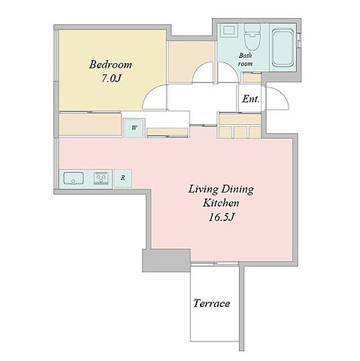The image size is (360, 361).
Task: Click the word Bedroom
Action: click(x=110, y=65)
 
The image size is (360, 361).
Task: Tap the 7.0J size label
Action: click(x=111, y=78)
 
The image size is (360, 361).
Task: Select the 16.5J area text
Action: click(x=221, y=217)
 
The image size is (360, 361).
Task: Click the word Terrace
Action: click(x=212, y=303)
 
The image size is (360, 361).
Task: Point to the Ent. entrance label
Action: click(x=250, y=99)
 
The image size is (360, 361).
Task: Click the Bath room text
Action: click(x=245, y=59)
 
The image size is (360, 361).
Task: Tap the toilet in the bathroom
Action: click(x=253, y=37)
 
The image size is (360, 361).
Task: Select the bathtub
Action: click(x=283, y=47)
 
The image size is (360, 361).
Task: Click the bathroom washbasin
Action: click(x=228, y=30)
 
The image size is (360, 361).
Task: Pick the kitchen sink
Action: click(x=74, y=178)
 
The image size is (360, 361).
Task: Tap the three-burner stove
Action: click(x=101, y=178)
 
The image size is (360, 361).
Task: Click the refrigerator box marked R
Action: click(x=123, y=178)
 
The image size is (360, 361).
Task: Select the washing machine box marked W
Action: click(x=135, y=128)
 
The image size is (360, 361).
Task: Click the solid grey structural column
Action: click(x=166, y=260)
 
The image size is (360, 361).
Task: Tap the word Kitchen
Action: click(x=221, y=203)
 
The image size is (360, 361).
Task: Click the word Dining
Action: click(x=238, y=190)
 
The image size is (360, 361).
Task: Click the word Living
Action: click(x=203, y=190)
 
